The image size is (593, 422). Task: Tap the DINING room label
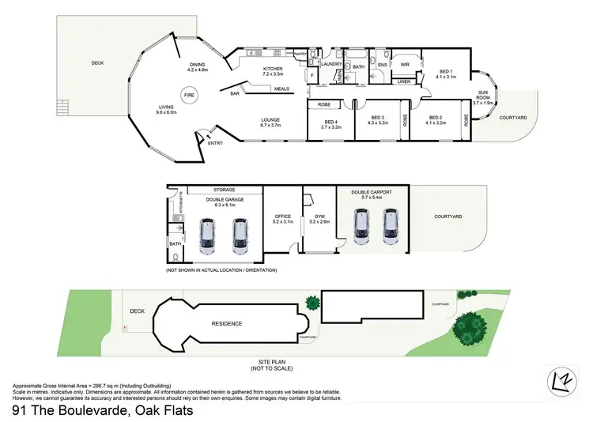pyautogui.click(x=196, y=66)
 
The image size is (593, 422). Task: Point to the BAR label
pyautogui.click(x=235, y=94)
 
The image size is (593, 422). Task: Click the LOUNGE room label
pyautogui.click(x=270, y=121)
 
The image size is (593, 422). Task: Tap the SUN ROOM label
pyautogui.click(x=483, y=96)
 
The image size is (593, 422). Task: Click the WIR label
pyautogui.click(x=405, y=64)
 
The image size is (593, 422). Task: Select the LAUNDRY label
pyautogui.click(x=331, y=64)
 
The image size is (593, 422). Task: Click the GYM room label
pyautogui.click(x=319, y=217)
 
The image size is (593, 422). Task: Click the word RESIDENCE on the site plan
pyautogui.click(x=226, y=323)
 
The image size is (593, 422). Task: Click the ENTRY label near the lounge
pyautogui.click(x=215, y=143)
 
